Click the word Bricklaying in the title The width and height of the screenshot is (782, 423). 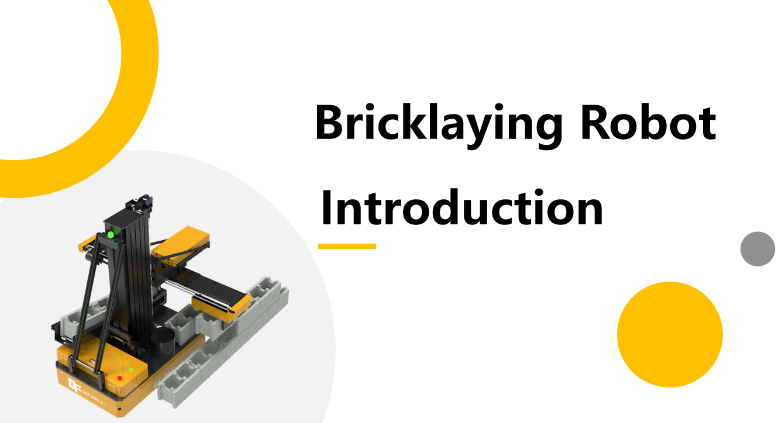(x=439, y=126)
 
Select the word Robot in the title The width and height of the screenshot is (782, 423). (x=648, y=122)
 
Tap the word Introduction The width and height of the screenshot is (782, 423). (x=462, y=207)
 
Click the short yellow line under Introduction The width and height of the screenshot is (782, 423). (x=347, y=246)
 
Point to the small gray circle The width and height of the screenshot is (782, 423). (x=757, y=249)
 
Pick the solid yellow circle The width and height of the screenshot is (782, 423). (x=670, y=334)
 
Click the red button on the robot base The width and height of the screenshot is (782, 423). (x=119, y=378)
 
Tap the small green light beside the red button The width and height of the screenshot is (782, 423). (x=131, y=369)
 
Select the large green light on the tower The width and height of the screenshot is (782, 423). (x=111, y=235)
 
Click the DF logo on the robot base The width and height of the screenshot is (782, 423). (x=74, y=385)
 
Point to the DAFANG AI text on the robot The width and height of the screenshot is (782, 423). (x=93, y=397)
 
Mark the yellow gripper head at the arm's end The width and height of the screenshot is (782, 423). (x=221, y=308)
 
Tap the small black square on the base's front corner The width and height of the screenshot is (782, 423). (x=119, y=409)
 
